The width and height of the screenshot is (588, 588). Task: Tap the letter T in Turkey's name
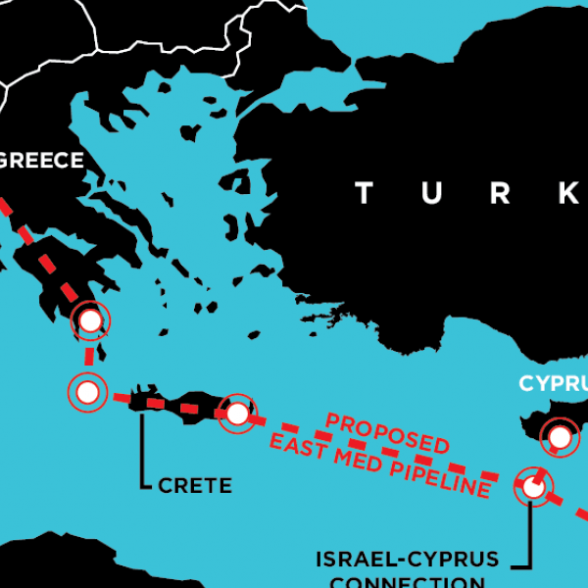click(x=364, y=193)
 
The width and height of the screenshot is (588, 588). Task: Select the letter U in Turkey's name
click(x=432, y=193)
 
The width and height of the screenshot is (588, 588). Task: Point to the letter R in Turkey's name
click(x=501, y=193)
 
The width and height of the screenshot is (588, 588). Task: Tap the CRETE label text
click(x=195, y=485)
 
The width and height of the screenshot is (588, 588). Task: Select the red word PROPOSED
click(x=387, y=432)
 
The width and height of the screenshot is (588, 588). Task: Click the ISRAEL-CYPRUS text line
click(x=407, y=560)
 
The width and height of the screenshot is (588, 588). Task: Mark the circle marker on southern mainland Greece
click(x=90, y=320)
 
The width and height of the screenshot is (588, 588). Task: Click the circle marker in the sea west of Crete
click(x=87, y=393)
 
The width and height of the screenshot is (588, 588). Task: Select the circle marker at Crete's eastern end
click(x=237, y=413)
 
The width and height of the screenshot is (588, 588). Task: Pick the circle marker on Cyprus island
click(x=561, y=436)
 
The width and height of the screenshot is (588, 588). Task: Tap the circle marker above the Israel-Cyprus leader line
click(x=533, y=485)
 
